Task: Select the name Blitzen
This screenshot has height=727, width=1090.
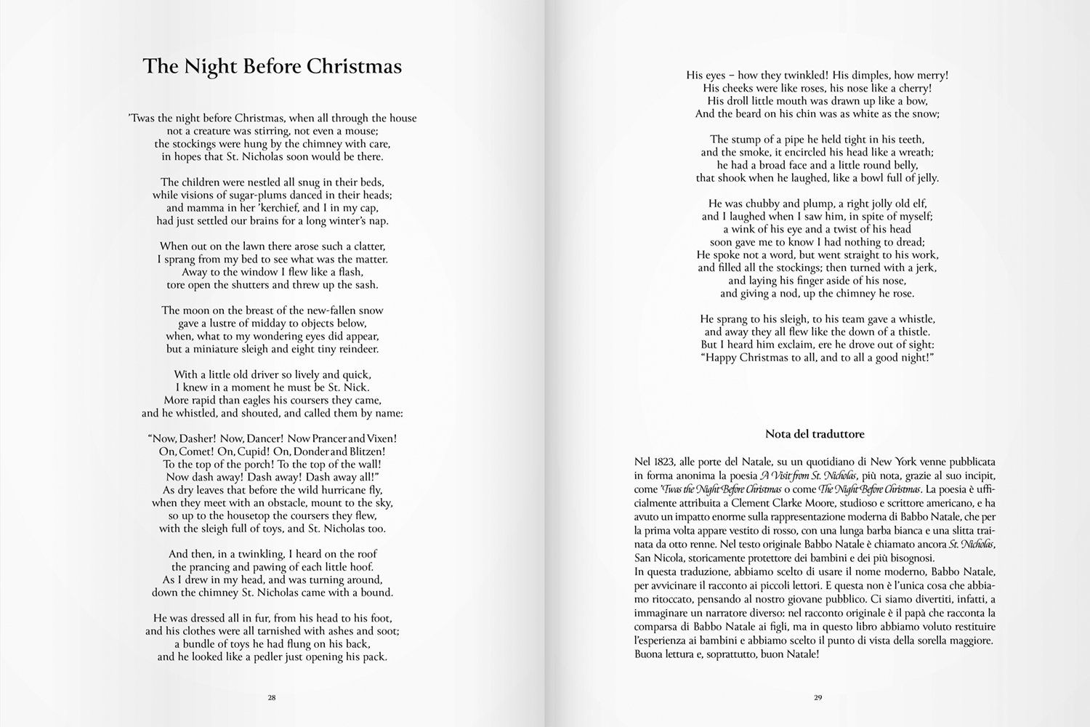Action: tap(366, 451)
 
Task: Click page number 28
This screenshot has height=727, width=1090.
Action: tap(272, 697)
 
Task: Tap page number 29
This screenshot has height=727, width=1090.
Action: tap(817, 697)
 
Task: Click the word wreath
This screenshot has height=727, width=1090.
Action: tap(916, 153)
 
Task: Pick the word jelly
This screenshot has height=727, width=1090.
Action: tap(924, 178)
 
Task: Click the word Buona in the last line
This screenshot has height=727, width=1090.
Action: tap(648, 654)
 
